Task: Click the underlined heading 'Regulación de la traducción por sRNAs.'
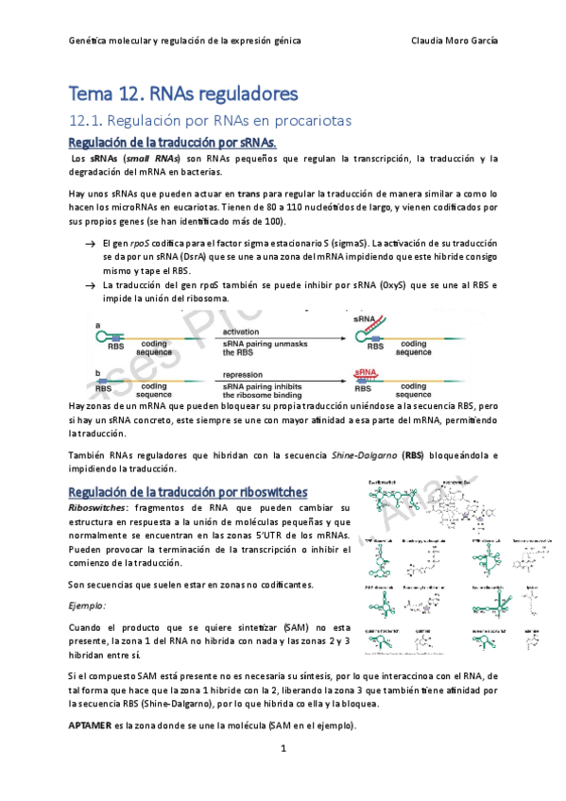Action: pyautogui.click(x=172, y=142)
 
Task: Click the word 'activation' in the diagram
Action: pyautogui.click(x=243, y=332)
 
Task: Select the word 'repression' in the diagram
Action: pyautogui.click(x=244, y=375)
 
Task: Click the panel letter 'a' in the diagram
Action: pyautogui.click(x=98, y=326)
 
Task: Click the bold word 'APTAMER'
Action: pyautogui.click(x=94, y=725)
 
